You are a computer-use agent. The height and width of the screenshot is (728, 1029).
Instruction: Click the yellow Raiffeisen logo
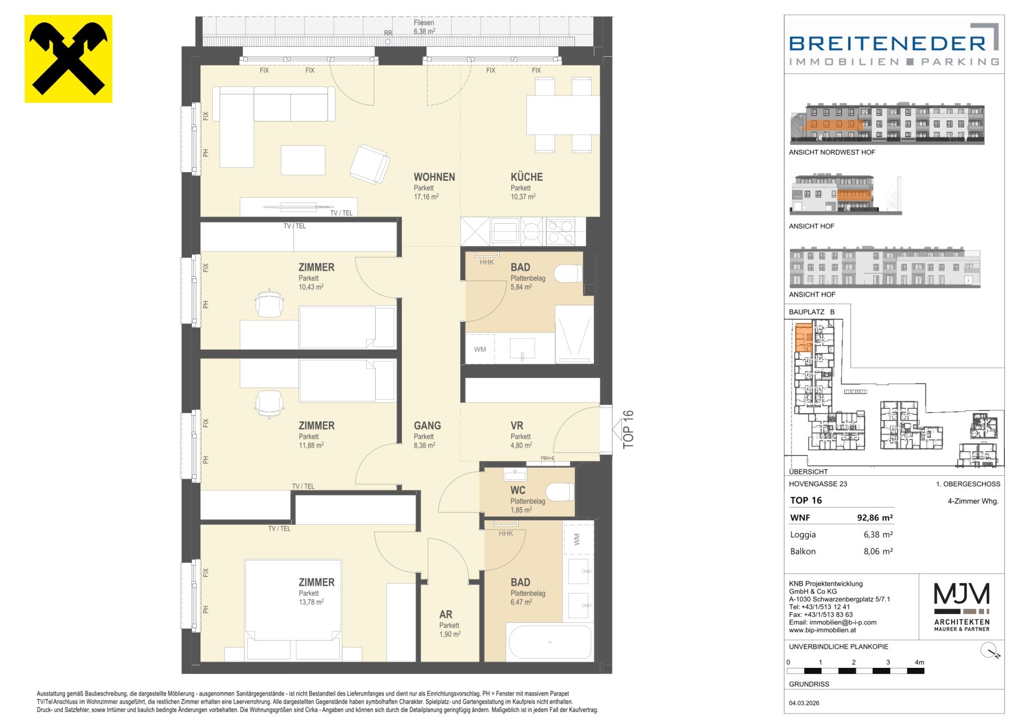click(69, 58)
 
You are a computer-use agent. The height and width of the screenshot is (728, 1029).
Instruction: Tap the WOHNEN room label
click(434, 177)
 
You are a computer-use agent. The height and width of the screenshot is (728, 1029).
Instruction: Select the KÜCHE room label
click(527, 177)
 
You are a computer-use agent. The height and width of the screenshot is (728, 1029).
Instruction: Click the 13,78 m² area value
click(311, 602)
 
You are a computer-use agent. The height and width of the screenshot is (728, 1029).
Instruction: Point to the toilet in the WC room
click(561, 491)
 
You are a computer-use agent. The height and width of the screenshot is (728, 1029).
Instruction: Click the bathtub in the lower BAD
click(550, 642)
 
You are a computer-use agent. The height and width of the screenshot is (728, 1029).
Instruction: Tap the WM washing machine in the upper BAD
click(480, 349)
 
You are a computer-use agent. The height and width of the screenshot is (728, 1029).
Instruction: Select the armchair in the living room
click(369, 163)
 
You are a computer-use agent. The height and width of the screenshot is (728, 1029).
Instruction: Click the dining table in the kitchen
click(563, 115)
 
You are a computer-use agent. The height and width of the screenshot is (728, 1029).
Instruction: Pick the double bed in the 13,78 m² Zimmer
click(293, 610)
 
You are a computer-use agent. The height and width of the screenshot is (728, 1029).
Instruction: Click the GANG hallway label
click(427, 425)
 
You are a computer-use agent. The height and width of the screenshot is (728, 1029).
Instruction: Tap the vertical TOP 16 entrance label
click(629, 429)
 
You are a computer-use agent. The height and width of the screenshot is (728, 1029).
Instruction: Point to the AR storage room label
click(445, 615)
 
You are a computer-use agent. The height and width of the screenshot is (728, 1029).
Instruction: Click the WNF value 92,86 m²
click(875, 518)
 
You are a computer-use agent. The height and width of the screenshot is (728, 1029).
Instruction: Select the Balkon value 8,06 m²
click(878, 551)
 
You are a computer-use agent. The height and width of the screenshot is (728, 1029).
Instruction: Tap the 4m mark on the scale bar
click(919, 663)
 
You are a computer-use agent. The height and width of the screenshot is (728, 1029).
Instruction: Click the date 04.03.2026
click(804, 703)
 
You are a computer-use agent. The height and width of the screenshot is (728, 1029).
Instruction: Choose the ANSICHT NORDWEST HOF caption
click(832, 152)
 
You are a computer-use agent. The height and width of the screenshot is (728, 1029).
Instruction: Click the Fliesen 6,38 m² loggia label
click(424, 27)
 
